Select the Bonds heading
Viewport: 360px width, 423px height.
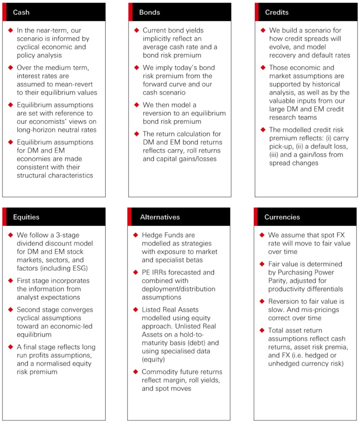150,12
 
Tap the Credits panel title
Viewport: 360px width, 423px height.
276,12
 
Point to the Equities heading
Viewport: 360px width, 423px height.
26,217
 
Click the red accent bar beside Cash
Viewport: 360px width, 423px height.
4,12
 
